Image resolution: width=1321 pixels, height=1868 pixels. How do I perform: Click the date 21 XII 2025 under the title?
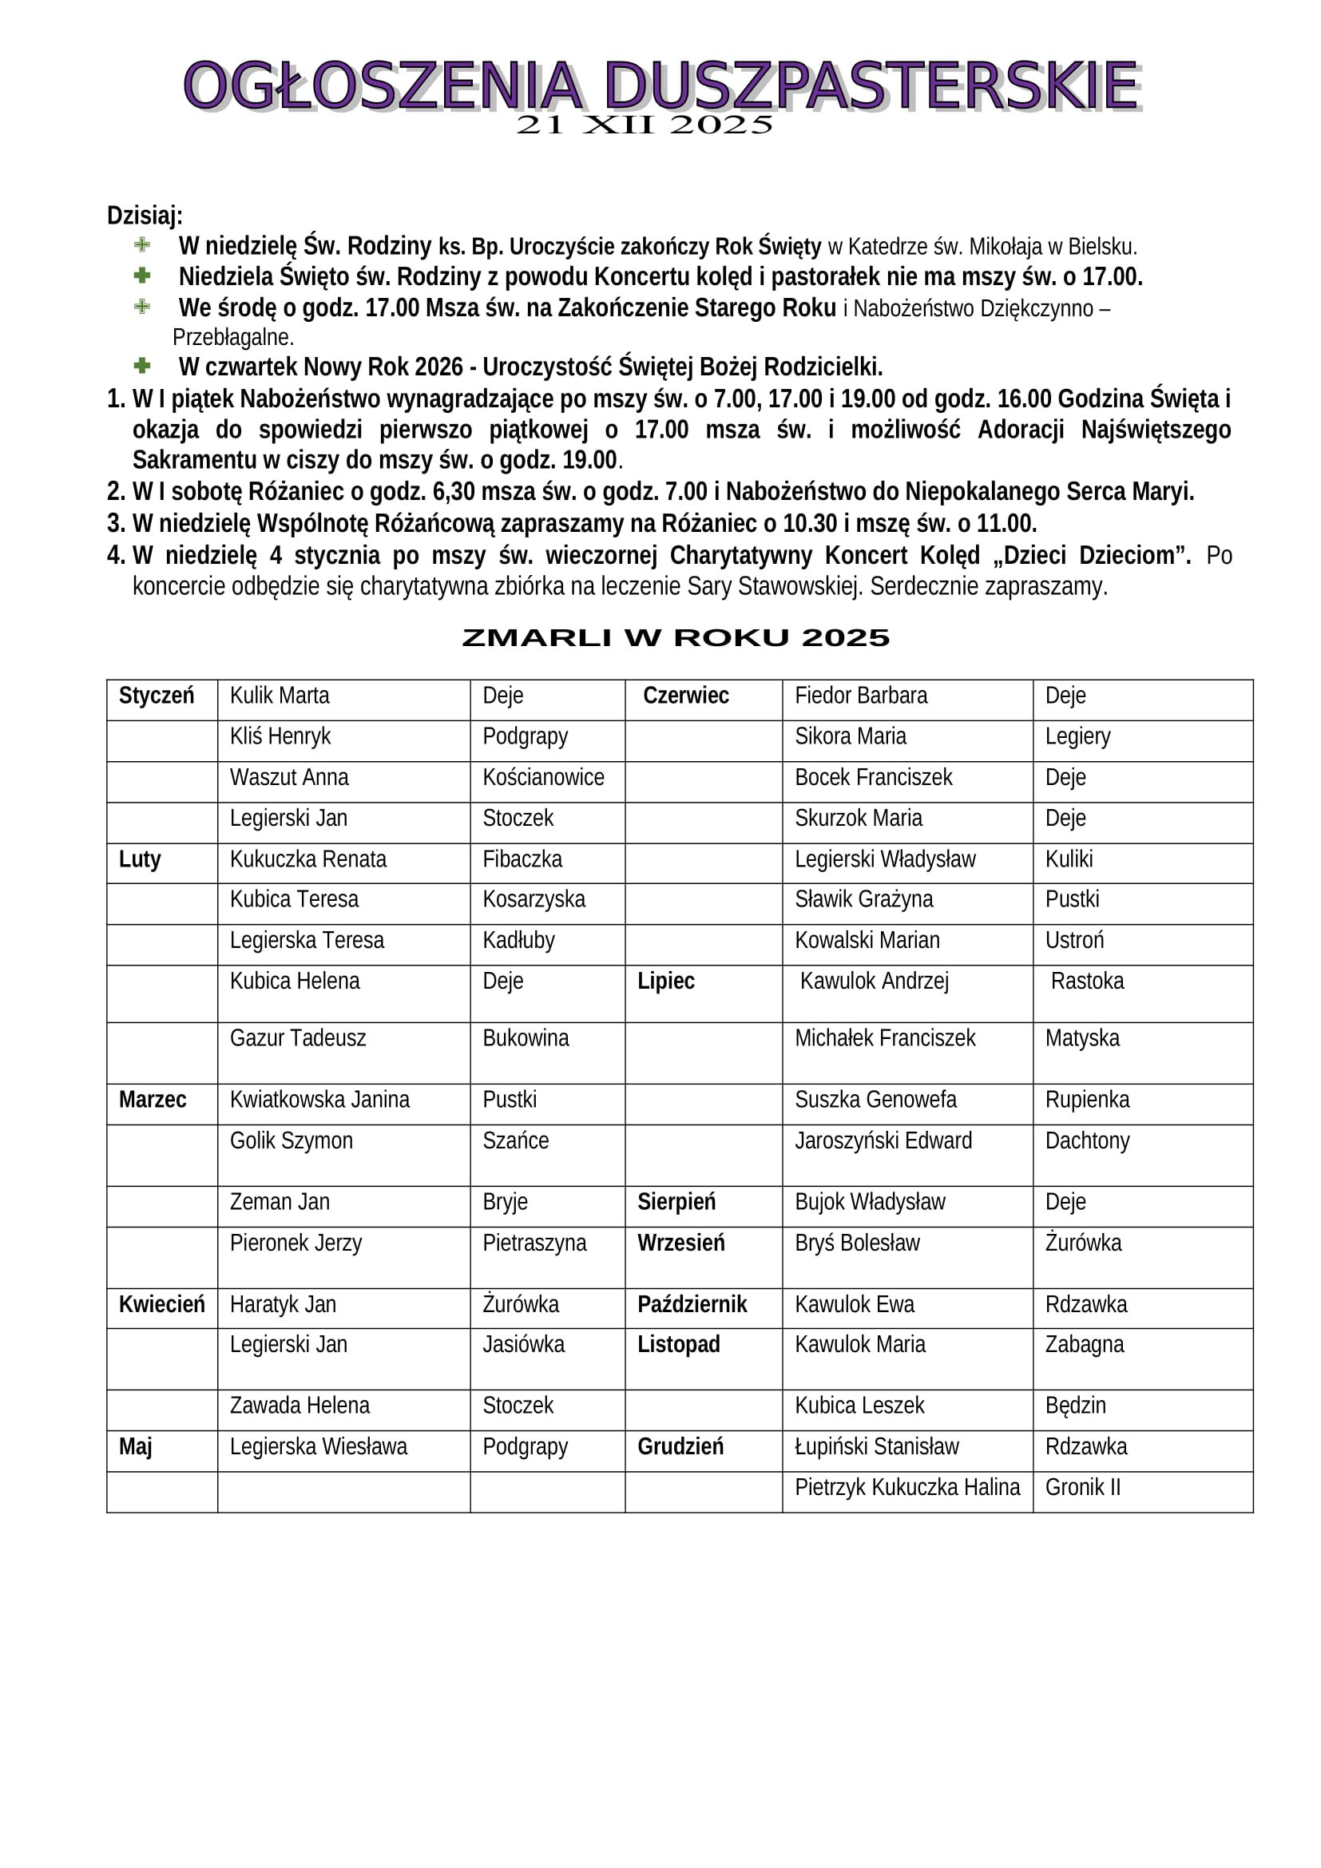645,125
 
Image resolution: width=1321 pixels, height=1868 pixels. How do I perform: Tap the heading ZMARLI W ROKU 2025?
675,638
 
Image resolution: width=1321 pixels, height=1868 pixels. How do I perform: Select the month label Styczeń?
157,696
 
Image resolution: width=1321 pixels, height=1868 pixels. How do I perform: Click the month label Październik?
692,1304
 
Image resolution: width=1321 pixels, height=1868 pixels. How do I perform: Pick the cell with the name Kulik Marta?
279,696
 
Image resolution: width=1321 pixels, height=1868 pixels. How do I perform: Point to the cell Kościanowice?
542,777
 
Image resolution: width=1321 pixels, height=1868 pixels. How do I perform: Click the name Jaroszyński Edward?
883,1140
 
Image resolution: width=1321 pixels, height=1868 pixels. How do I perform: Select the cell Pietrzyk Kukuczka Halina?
906,1487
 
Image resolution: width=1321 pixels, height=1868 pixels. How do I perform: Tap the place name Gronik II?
1082,1487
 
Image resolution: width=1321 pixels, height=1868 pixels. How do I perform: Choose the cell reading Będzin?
1074,1405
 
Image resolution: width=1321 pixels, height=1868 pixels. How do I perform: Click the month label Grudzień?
680,1446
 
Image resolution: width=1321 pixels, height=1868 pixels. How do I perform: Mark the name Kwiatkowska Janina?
319,1100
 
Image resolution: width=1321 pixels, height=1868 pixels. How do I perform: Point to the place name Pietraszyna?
534,1243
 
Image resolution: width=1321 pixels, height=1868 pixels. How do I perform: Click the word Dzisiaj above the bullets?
144,216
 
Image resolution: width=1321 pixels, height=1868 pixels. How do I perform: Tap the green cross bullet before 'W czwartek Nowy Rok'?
142,365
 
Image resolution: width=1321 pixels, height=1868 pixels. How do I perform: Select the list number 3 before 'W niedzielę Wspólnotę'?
115,523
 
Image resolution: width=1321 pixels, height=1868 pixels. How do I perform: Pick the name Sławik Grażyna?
863,899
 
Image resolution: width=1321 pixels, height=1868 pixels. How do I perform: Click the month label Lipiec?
665,982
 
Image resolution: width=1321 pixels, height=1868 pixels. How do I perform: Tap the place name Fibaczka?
522,859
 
